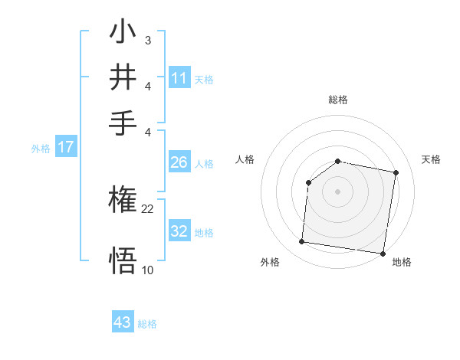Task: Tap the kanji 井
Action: tap(123, 77)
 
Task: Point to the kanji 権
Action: tap(123, 201)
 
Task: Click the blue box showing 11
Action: tap(179, 78)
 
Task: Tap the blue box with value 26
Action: tap(179, 162)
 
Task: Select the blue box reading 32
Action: tap(179, 231)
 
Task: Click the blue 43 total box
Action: tap(123, 322)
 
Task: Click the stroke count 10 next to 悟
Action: tap(148, 270)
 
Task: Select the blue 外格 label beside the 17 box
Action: tap(41, 149)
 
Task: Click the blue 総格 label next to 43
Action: tap(148, 324)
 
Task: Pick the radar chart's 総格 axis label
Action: tap(338, 100)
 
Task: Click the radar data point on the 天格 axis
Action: tap(396, 173)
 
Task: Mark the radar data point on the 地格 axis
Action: tap(382, 253)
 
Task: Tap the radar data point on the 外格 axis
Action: tap(301, 242)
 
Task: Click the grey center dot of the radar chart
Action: tap(338, 191)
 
